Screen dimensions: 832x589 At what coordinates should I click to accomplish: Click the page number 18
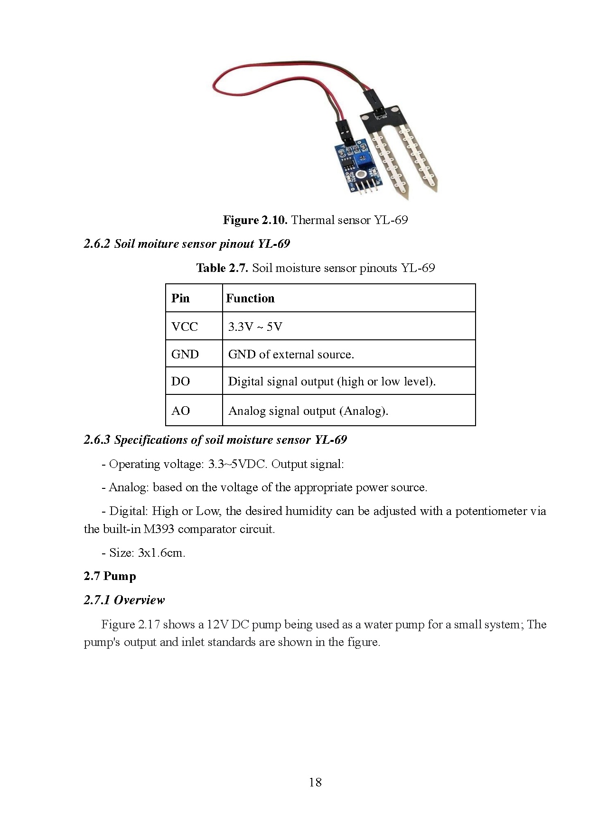pos(315,782)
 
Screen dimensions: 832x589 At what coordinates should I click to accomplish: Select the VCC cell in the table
pos(185,327)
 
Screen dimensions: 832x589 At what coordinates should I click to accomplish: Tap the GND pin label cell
pos(185,355)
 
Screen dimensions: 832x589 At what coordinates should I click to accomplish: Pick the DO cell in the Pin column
pos(180,382)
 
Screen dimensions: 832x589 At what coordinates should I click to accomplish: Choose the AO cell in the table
pos(180,411)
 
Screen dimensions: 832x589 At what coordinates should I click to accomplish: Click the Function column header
pos(250,299)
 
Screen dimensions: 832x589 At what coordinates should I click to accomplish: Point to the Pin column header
pos(180,299)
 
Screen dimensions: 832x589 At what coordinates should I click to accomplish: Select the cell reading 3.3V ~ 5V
pos(255,327)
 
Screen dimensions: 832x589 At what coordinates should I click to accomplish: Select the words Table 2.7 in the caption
pos(222,268)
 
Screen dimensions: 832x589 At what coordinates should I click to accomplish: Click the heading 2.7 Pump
pos(110,576)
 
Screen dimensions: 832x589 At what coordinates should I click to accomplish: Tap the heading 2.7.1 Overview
pos(124,600)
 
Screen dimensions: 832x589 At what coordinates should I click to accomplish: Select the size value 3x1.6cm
pos(161,553)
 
